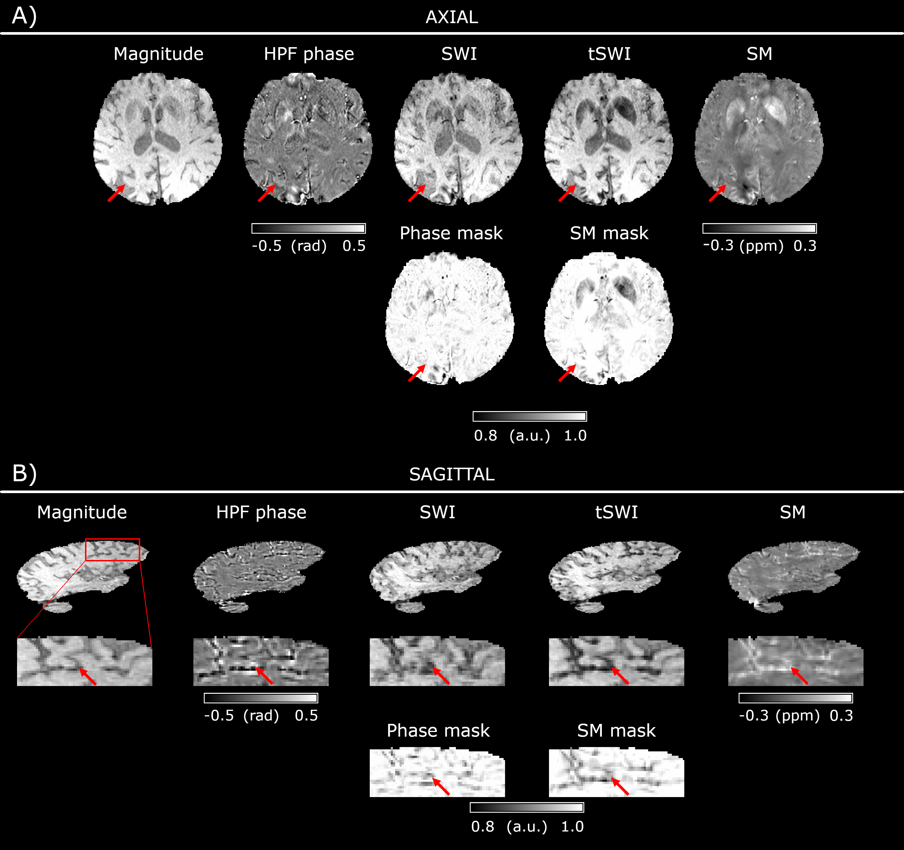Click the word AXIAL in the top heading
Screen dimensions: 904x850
[x=452, y=17]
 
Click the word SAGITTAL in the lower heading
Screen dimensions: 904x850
[x=452, y=475]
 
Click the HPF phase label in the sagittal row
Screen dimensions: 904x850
[x=261, y=512]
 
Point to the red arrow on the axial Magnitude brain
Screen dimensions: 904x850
[x=116, y=193]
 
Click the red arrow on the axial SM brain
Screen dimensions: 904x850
[x=717, y=193]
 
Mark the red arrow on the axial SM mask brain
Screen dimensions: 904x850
[x=567, y=373]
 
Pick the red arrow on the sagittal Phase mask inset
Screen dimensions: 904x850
[x=441, y=786]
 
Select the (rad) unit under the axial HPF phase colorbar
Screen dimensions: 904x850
[x=309, y=246]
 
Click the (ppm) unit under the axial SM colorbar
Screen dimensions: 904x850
[x=761, y=246]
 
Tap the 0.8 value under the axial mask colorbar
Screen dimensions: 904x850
[x=485, y=436]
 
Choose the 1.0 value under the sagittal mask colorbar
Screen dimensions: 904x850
[x=572, y=827]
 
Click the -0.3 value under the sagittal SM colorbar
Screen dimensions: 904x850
[x=753, y=716]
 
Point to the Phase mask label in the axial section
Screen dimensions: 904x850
[x=451, y=233]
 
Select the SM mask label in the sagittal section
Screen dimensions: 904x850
[x=616, y=731]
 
